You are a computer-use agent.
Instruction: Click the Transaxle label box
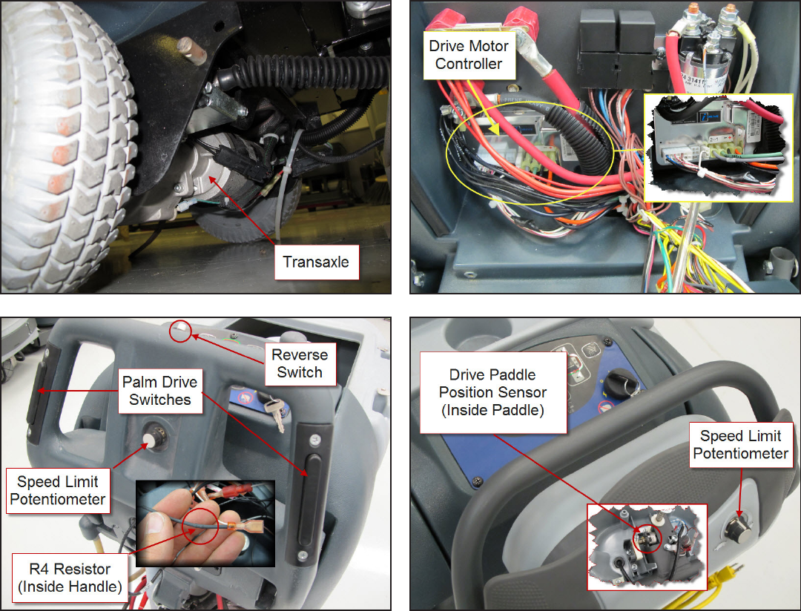[x=316, y=262]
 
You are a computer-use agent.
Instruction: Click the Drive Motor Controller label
[x=469, y=55]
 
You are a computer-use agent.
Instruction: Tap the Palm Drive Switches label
[x=160, y=391]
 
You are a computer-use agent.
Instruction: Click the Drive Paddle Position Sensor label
[x=492, y=392]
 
